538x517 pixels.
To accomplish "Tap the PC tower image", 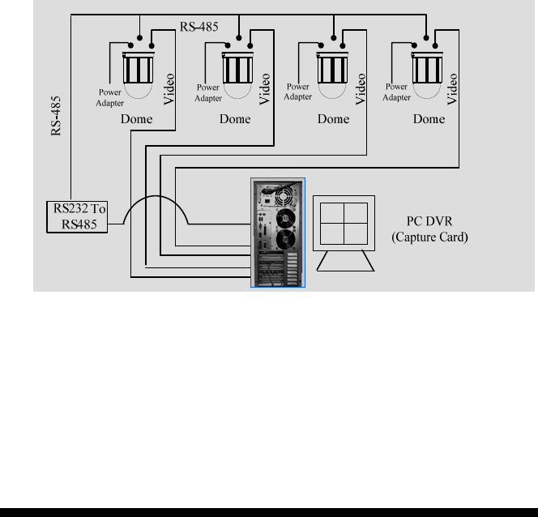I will [x=278, y=233].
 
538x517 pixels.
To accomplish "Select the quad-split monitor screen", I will [x=345, y=221].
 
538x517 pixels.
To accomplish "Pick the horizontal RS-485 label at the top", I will [x=199, y=27].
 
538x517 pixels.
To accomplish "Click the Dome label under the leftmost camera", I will [x=135, y=118].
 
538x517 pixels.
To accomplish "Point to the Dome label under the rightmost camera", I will [x=429, y=118].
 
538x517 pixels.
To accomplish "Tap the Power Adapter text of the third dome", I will [x=298, y=92].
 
